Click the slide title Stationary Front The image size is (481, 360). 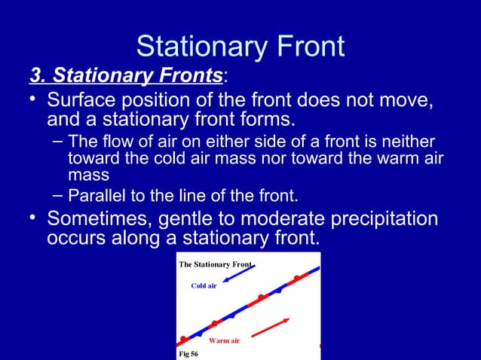pos(240,47)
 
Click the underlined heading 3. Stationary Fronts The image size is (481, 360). pos(126,76)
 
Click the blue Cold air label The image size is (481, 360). pos(204,286)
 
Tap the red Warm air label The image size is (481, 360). pos(224,341)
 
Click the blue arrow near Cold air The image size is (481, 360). pos(242,273)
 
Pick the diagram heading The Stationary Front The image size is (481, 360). pos(215,264)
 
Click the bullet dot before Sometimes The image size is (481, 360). pos(34,219)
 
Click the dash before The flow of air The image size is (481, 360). pos(58,143)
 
